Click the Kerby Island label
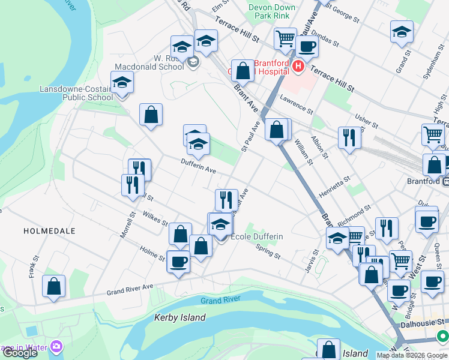(180, 317)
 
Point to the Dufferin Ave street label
(199, 170)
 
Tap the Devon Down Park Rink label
(273, 12)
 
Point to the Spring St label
(268, 251)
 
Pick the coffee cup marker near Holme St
(178, 262)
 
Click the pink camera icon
(56, 346)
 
